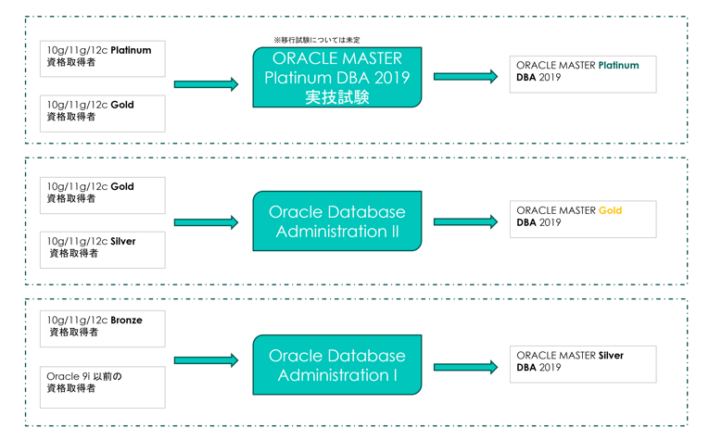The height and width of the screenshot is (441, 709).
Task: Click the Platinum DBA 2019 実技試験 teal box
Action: click(x=336, y=77)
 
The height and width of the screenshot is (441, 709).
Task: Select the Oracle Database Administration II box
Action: click(x=336, y=221)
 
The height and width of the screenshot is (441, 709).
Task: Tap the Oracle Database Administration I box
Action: click(x=336, y=366)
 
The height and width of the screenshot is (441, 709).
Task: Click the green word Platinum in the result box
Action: click(x=618, y=66)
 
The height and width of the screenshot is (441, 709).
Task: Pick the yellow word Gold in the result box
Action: click(x=610, y=211)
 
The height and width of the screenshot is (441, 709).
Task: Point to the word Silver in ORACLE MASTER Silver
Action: click(x=611, y=356)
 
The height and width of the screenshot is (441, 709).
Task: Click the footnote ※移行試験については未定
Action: click(x=317, y=40)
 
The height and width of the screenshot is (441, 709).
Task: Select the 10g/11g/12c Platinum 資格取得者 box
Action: click(x=104, y=58)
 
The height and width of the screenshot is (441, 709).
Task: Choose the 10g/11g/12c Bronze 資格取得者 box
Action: click(x=104, y=328)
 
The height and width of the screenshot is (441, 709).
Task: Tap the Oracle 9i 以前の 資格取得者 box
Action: click(x=104, y=386)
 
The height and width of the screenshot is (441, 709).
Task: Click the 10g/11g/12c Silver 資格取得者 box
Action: click(x=104, y=249)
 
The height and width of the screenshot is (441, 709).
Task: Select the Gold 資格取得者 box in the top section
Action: click(x=104, y=113)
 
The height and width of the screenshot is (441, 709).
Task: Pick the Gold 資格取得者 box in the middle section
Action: click(x=104, y=195)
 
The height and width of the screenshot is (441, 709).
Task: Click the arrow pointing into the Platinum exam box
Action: click(x=206, y=84)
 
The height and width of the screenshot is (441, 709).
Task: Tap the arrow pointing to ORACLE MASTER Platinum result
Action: click(x=465, y=77)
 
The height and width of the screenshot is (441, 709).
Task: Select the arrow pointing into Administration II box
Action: click(x=206, y=222)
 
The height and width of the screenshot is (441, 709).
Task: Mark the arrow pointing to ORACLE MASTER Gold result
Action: click(x=465, y=222)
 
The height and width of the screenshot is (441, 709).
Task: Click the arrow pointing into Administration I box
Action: click(x=206, y=360)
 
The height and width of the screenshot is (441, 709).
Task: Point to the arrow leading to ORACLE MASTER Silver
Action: click(x=465, y=367)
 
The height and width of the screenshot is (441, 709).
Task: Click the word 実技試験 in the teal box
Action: click(x=336, y=97)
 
